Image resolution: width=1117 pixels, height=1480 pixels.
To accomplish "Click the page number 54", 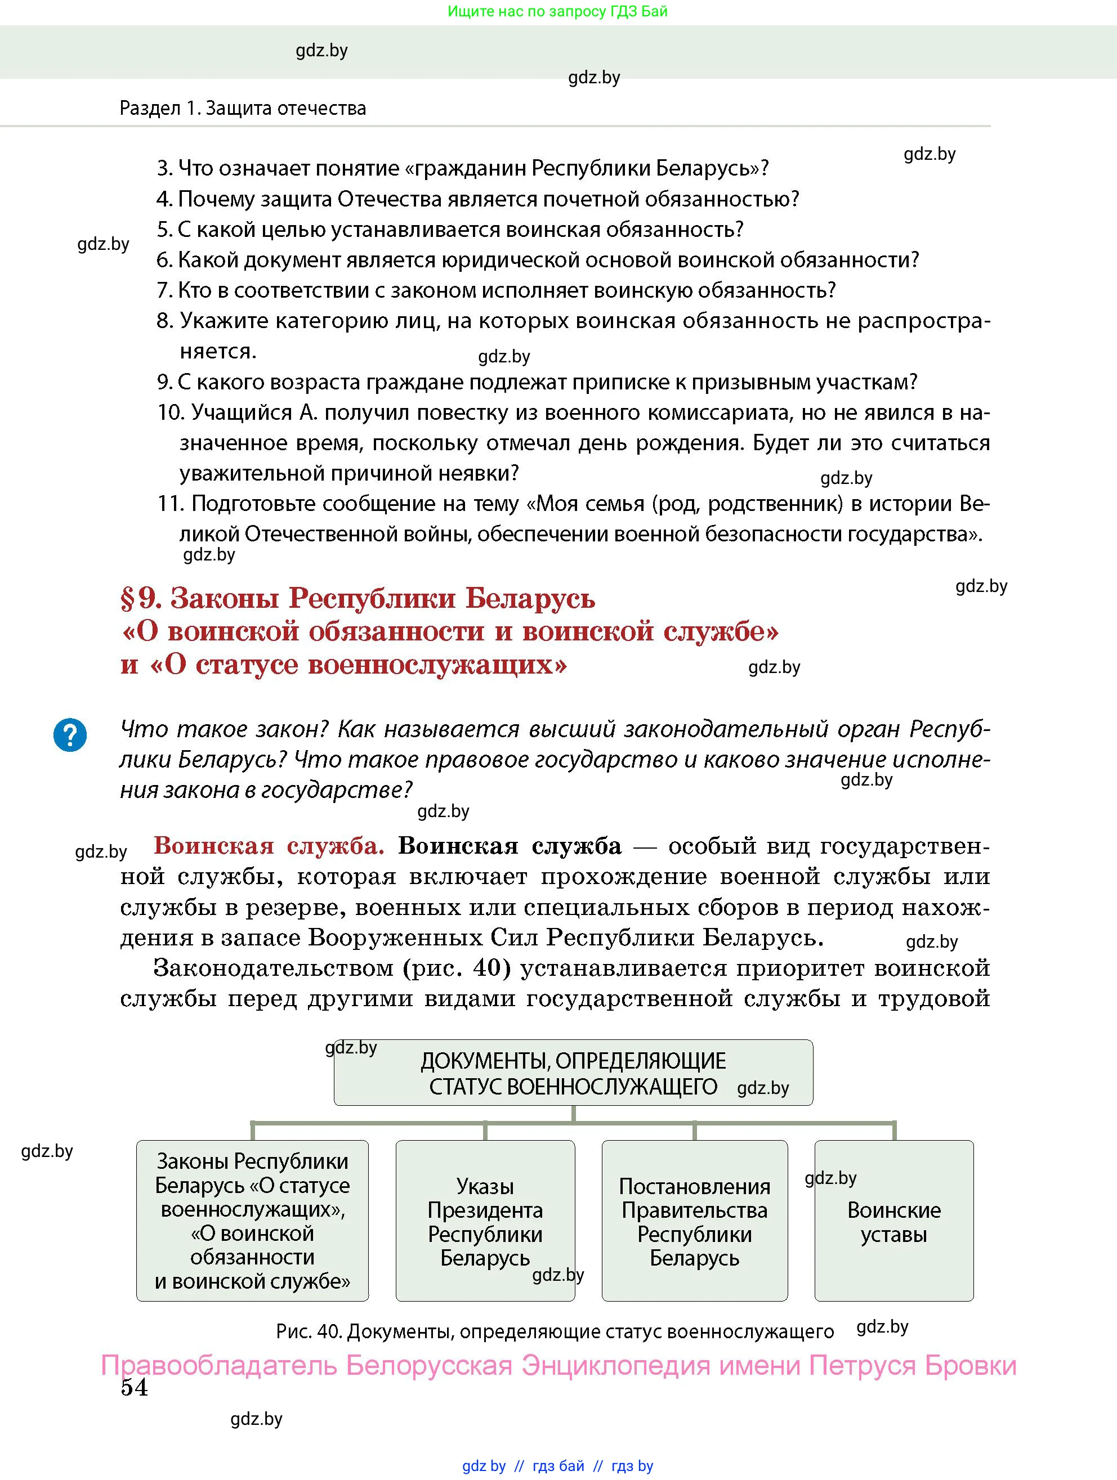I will tap(134, 1387).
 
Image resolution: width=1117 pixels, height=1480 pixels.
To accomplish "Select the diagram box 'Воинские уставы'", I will tap(893, 1222).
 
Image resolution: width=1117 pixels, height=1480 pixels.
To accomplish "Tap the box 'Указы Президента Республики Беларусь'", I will tap(485, 1222).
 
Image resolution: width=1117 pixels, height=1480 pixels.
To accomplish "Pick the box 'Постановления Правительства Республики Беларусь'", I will tap(694, 1222).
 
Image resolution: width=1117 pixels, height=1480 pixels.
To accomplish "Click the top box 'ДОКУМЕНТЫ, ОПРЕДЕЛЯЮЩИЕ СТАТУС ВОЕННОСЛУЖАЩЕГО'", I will tap(573, 1073).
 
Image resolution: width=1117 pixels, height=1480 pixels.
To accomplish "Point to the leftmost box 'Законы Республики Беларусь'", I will tap(252, 1222).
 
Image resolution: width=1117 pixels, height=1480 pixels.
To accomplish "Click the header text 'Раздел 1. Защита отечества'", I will tap(242, 109).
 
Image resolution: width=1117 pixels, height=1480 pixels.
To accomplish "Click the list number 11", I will tap(170, 503).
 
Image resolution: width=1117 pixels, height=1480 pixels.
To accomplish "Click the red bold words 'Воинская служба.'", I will tap(269, 846).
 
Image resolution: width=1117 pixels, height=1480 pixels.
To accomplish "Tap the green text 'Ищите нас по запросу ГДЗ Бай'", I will tap(557, 11).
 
